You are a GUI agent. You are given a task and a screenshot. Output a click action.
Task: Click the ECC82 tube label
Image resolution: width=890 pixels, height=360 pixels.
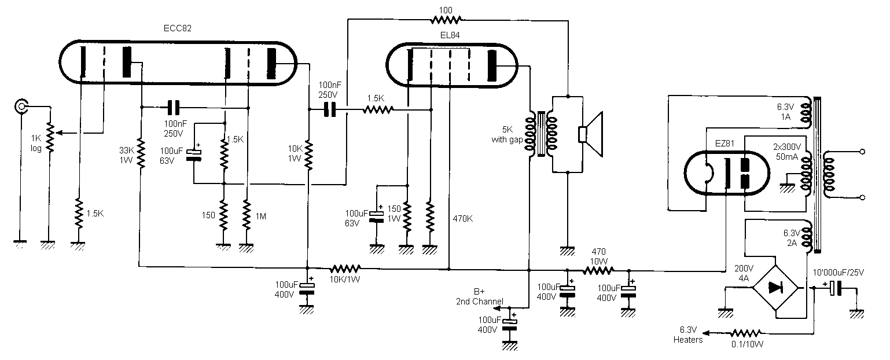tap(177, 28)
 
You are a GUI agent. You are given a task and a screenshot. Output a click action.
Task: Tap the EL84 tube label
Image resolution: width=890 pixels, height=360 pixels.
tap(450, 35)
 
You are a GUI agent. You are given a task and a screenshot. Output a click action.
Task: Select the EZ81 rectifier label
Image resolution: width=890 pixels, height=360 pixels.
tap(724, 144)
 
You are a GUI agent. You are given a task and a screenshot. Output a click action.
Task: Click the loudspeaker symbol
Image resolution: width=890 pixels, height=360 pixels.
tap(590, 134)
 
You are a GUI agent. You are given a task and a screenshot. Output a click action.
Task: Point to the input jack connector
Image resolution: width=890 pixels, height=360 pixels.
tap(21, 106)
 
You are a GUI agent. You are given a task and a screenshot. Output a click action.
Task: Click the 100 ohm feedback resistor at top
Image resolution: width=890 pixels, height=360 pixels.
tap(446, 19)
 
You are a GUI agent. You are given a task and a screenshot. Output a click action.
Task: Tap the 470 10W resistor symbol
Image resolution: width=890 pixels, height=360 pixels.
tap(598, 271)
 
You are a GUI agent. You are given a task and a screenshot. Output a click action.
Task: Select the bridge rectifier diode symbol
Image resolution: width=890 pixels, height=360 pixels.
tap(775, 288)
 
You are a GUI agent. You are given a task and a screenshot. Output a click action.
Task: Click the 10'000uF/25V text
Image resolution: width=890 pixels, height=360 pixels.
tap(838, 273)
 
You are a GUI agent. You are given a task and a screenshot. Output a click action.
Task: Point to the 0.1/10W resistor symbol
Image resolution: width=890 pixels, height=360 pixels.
tap(746, 333)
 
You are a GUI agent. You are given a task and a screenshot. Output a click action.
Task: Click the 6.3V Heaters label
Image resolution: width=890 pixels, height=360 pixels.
tap(688, 335)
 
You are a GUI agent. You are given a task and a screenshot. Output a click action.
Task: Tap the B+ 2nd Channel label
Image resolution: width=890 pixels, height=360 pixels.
tap(479, 296)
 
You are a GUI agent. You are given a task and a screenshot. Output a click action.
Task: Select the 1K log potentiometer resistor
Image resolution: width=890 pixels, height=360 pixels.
tap(50, 138)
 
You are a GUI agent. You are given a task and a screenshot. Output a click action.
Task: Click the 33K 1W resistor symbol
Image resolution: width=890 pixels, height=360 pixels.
tap(141, 153)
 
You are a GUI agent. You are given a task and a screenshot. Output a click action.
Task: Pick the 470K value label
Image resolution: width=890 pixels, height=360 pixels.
tap(462, 219)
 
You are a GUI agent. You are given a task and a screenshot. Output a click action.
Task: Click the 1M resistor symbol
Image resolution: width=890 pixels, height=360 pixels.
tap(247, 215)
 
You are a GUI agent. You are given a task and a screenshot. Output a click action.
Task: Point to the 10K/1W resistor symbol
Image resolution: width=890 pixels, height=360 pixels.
tap(345, 269)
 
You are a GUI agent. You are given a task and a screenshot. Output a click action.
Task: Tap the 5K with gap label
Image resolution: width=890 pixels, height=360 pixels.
tap(507, 134)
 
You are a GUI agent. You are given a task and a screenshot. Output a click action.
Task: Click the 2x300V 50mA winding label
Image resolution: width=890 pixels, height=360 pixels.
tap(786, 152)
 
